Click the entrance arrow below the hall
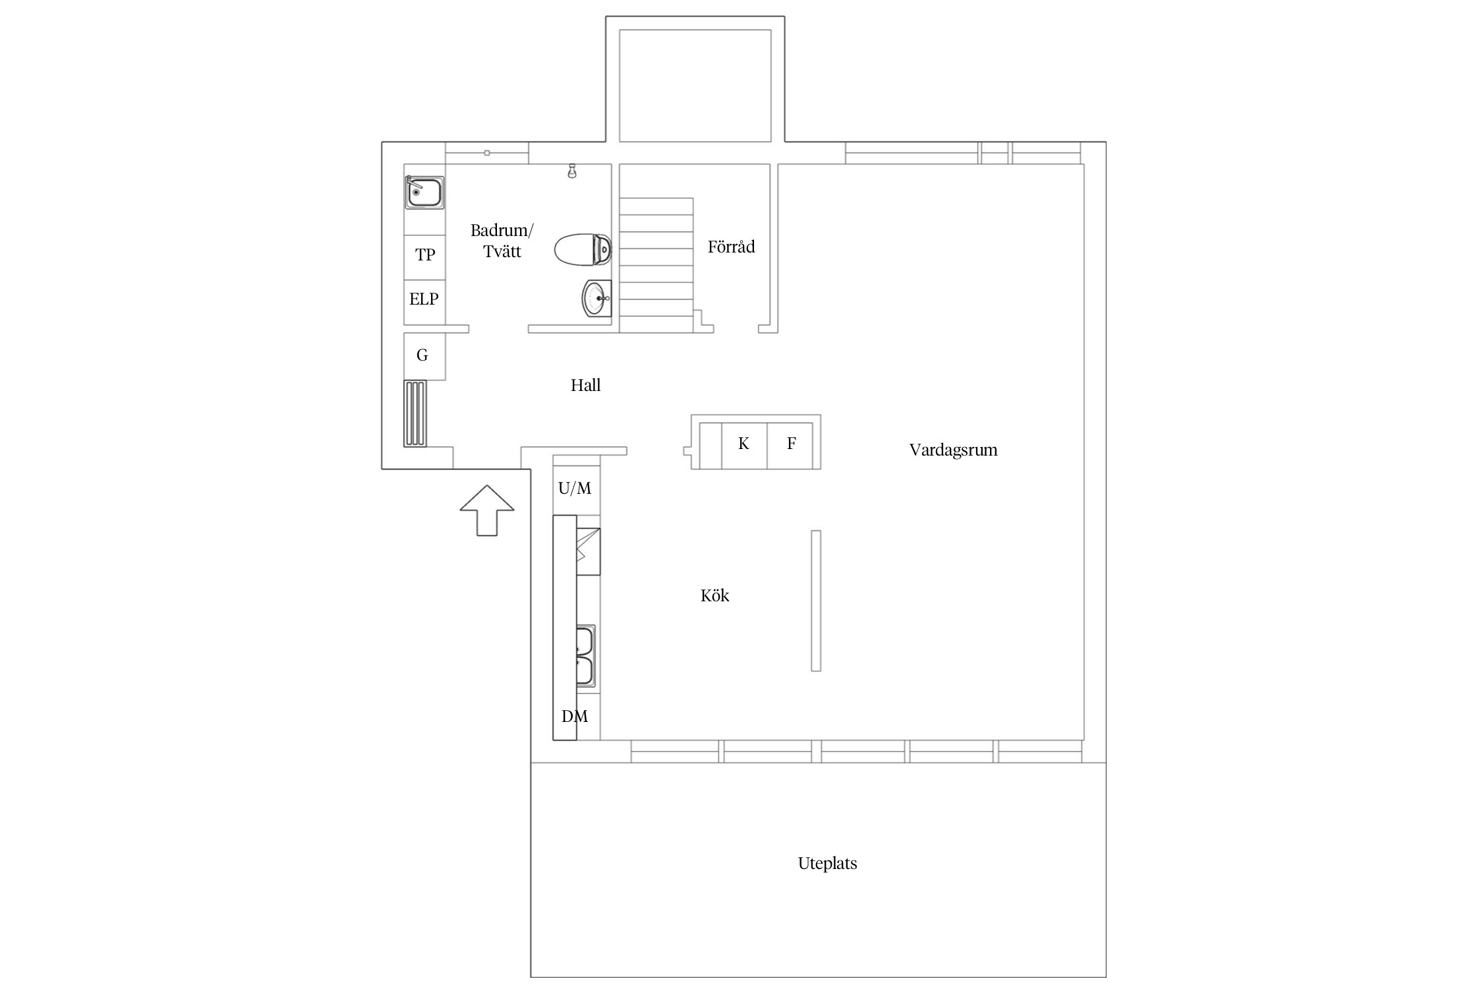tap(486, 510)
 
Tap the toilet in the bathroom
tap(583, 249)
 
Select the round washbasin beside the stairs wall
tap(597, 299)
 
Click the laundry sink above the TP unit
tap(424, 193)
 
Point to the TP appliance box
tap(424, 258)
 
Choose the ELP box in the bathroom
tap(424, 302)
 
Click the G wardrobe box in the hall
tap(424, 356)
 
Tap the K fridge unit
tap(744, 445)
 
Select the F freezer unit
tap(790, 445)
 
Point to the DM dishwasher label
tap(575, 717)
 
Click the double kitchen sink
tap(585, 656)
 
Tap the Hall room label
tap(585, 385)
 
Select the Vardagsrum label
tap(953, 450)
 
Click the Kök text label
tap(714, 596)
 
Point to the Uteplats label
tap(827, 864)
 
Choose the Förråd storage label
tap(731, 247)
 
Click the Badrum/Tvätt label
tap(502, 241)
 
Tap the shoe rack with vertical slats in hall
tap(415, 413)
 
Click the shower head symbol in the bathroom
tap(572, 171)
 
